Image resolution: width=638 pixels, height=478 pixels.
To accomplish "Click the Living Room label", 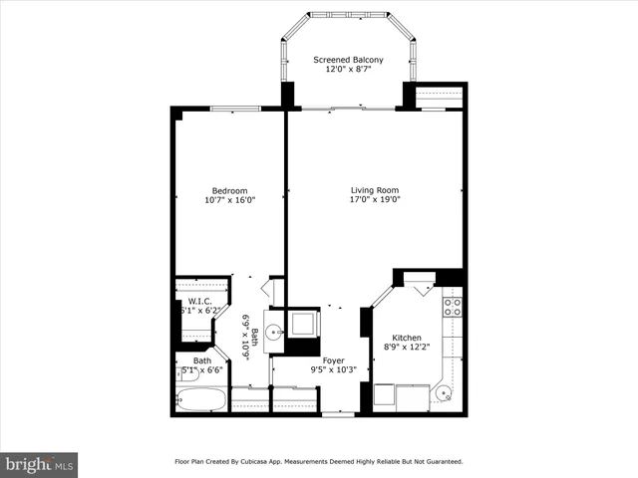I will click(x=374, y=190).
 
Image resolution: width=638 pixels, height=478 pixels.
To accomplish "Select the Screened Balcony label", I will click(x=348, y=60).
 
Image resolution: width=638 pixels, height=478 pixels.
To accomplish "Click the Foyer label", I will click(x=333, y=360).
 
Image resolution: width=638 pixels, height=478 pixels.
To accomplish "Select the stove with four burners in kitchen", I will click(x=453, y=306).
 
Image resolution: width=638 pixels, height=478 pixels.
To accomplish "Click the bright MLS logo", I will click(x=40, y=464).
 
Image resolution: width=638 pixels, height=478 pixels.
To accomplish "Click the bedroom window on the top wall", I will click(x=235, y=109).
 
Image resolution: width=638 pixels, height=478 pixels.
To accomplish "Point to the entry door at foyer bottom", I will click(x=338, y=414).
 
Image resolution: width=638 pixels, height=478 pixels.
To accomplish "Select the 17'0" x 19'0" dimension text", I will click(x=374, y=200).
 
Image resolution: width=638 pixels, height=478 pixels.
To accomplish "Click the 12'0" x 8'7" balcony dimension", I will click(x=348, y=70).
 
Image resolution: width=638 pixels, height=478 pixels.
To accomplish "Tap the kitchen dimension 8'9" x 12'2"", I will click(x=408, y=348).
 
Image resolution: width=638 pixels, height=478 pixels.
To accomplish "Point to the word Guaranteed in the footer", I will click(x=439, y=462).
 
